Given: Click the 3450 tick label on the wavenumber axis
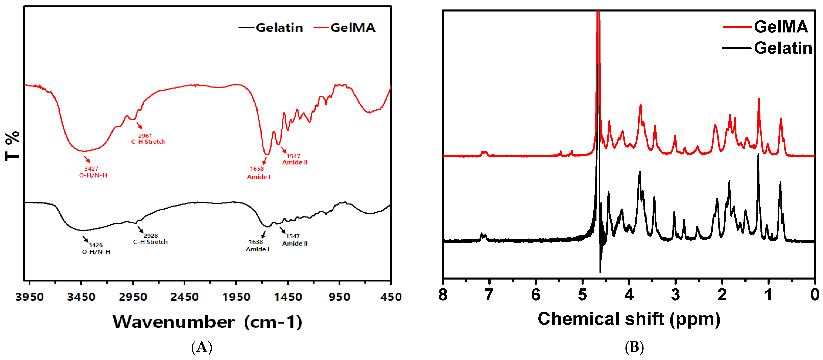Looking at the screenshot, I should pyautogui.click(x=81, y=297).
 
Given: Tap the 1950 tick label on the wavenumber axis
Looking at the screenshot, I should pyautogui.click(x=236, y=297).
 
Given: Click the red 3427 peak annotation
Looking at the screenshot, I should pyautogui.click(x=91, y=169).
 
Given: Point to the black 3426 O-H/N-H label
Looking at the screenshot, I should pyautogui.click(x=96, y=248).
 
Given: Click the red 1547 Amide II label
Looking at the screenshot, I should pyautogui.click(x=295, y=159).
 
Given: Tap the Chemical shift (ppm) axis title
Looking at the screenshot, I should pyautogui.click(x=629, y=319).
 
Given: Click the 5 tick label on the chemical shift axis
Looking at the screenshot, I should pyautogui.click(x=582, y=294).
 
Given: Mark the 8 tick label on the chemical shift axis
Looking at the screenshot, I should pyautogui.click(x=443, y=294).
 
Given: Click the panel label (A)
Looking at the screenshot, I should pyautogui.click(x=202, y=347).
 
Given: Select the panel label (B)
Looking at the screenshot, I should pyautogui.click(x=634, y=347).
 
